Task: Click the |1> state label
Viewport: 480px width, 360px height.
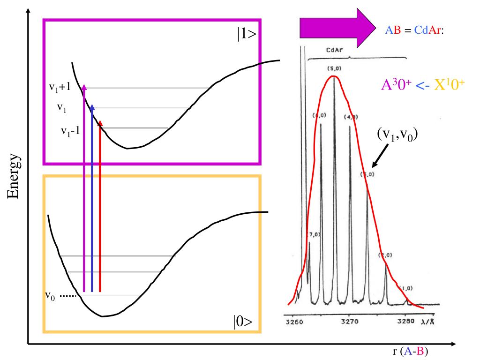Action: [246, 36]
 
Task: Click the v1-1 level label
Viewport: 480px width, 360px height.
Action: [70, 131]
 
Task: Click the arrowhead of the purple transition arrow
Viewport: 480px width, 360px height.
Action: [84, 87]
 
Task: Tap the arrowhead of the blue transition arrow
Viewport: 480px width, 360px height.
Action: [92, 107]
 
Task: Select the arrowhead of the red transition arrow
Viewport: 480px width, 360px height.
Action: [100, 123]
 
